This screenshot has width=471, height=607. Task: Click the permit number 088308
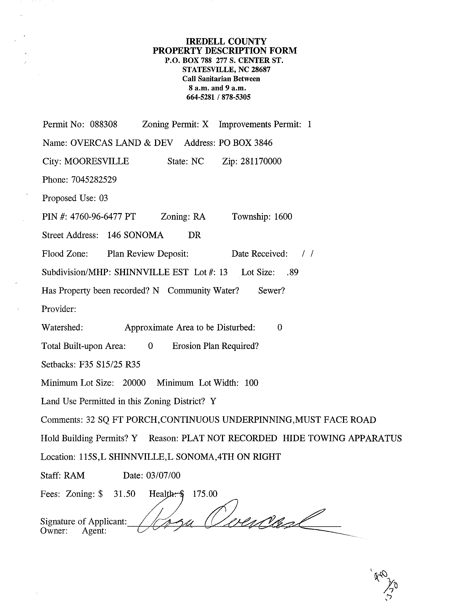click(103, 124)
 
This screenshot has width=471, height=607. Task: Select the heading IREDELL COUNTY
click(226, 41)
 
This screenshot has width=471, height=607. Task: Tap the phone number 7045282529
click(94, 180)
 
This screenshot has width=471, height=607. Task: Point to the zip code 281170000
click(261, 161)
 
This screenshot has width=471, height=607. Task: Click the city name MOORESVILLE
click(96, 161)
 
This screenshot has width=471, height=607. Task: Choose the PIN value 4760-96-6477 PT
click(103, 217)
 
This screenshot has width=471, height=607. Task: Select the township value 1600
click(283, 217)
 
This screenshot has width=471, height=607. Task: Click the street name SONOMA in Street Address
click(143, 235)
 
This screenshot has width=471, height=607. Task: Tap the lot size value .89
click(292, 272)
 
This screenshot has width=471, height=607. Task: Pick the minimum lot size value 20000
click(134, 383)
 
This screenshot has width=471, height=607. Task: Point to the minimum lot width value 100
click(251, 383)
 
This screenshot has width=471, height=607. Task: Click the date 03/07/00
click(163, 475)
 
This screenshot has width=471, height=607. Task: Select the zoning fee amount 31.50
click(124, 494)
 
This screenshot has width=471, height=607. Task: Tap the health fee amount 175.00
click(205, 494)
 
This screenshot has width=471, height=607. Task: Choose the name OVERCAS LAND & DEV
click(122, 143)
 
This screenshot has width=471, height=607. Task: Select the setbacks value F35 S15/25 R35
click(109, 364)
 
